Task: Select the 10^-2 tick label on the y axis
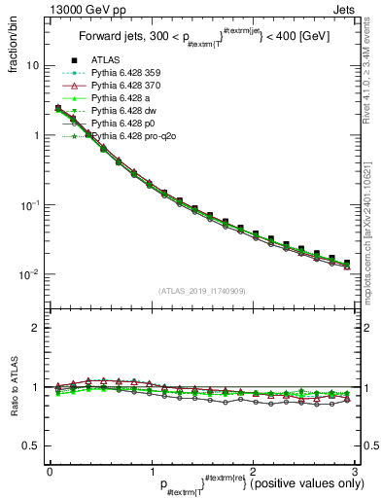click(x=29, y=274)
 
